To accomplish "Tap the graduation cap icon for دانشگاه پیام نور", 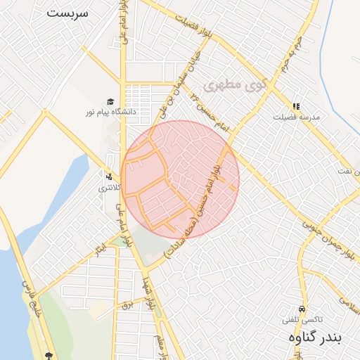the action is pos(110,101).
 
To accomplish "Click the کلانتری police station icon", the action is pos(109,176).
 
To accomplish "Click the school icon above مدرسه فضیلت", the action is pos(296,106).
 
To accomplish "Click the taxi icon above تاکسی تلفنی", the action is pos(302,309).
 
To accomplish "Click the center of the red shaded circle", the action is pos(180,180).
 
